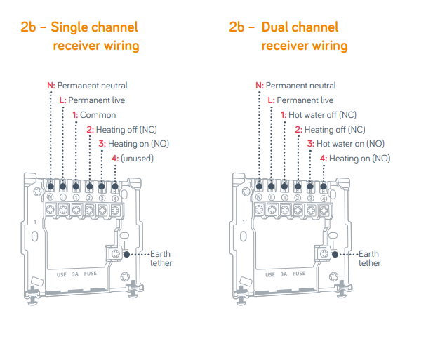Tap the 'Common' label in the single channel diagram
98,115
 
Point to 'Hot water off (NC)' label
322,115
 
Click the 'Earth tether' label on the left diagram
161,258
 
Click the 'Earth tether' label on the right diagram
369,258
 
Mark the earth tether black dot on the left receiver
126,254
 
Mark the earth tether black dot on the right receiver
335,254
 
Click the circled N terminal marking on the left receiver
51,198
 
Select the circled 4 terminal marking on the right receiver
324,198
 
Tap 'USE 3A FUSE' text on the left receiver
77,274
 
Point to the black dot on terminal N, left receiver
51,186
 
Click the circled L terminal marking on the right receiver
272,198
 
